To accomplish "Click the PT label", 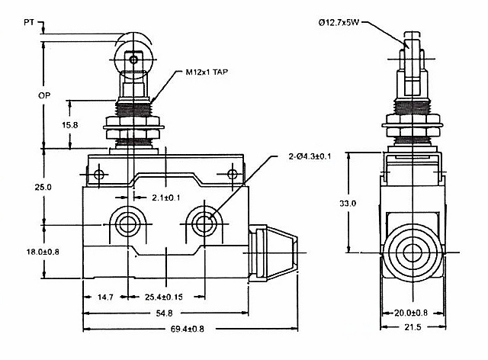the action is tap(29, 22).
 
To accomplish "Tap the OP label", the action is tap(44, 95).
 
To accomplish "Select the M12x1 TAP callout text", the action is tap(207, 72).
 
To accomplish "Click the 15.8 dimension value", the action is tap(69, 125).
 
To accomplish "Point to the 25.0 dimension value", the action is tap(43, 187).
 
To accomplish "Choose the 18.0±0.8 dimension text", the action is tap(43, 252).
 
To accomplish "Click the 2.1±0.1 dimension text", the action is tap(166, 198).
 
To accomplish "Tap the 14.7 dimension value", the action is tap(105, 297).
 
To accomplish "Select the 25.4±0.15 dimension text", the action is tap(164, 297).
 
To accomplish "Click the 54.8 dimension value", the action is tap(164, 313).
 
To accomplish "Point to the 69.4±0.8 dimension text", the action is tap(188, 329).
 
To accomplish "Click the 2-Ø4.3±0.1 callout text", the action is tap(310, 156).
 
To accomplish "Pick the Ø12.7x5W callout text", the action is tap(339, 22).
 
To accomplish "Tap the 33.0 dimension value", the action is tap(348, 204).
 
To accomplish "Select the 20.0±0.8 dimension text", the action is tap(411, 313).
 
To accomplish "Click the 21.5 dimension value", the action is tap(413, 327).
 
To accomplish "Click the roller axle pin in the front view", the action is tap(133, 59).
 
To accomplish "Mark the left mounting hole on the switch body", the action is tap(127, 223).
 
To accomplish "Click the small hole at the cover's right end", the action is tap(232, 174).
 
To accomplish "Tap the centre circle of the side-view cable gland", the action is tap(413, 252).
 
